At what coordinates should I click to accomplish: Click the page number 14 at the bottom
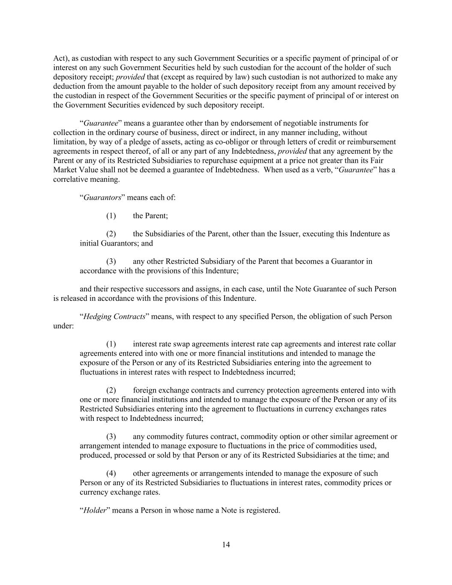click(226, 545)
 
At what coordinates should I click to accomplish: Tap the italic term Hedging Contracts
click(114, 317)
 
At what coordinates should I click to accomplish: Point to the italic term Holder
click(94, 510)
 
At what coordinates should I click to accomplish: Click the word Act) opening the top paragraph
click(60, 58)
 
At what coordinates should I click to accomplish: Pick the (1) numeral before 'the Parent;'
click(111, 216)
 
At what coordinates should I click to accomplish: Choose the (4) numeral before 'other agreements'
click(111, 474)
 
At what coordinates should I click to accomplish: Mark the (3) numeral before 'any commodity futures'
click(111, 437)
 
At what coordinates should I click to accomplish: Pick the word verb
click(323, 170)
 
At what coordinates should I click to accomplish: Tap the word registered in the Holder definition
click(265, 510)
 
